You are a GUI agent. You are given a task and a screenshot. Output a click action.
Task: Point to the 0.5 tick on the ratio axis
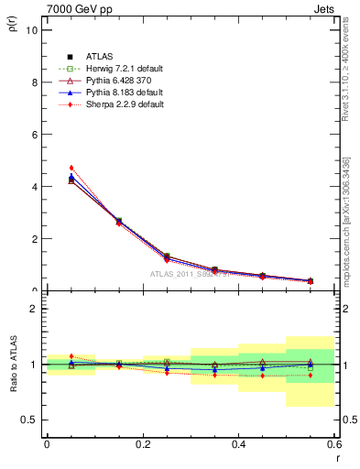tap(29, 420)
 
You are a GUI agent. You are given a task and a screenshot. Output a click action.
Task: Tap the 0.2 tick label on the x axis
tap(142, 444)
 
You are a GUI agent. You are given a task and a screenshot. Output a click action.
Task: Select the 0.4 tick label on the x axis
tap(238, 444)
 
